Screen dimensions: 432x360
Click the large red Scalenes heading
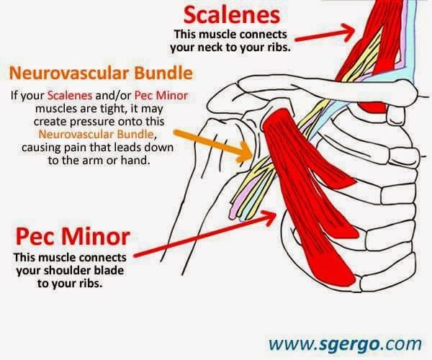tap(232, 15)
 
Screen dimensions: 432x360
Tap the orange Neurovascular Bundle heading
tap(101, 73)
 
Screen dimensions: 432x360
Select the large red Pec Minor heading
tap(73, 237)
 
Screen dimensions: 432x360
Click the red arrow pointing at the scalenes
tap(325, 33)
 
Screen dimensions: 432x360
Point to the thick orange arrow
tap(212, 145)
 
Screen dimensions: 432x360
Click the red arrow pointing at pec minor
tap(205, 234)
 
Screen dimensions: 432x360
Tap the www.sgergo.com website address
tap(345, 344)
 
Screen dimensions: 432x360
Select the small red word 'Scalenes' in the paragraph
tap(70, 96)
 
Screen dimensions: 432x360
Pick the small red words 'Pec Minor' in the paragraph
tap(161, 96)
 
